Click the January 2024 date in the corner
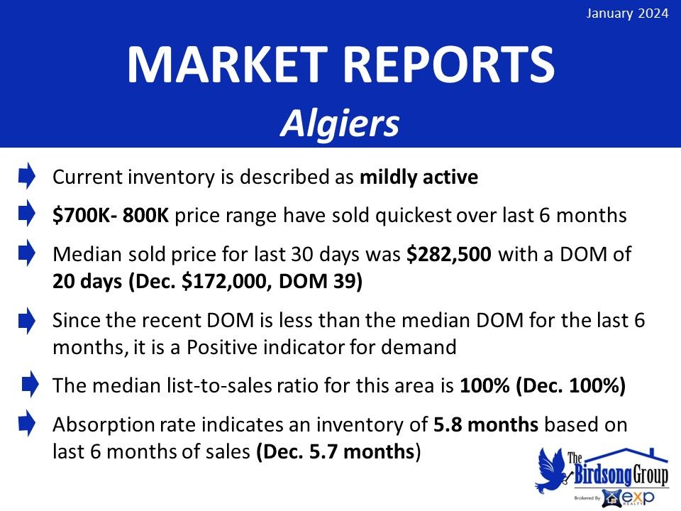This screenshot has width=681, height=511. click(x=627, y=13)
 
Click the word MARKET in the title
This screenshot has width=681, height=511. click(x=228, y=65)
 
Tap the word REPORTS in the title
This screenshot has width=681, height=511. click(x=450, y=65)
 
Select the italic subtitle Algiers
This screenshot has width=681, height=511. click(x=340, y=123)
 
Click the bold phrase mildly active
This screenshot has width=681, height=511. click(x=419, y=177)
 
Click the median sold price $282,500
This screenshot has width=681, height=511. click(x=448, y=255)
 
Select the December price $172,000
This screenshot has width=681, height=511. click(x=226, y=282)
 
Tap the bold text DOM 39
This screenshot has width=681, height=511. click(x=318, y=282)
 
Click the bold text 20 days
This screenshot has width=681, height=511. click(x=87, y=282)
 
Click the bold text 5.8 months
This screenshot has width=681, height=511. click(x=486, y=425)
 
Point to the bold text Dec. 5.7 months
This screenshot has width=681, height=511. click(x=338, y=452)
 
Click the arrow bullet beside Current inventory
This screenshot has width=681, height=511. click(x=27, y=175)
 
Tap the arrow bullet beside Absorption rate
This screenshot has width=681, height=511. click(x=27, y=423)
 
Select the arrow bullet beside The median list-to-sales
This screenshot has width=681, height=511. click(x=30, y=384)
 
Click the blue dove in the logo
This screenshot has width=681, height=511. click(x=550, y=470)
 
